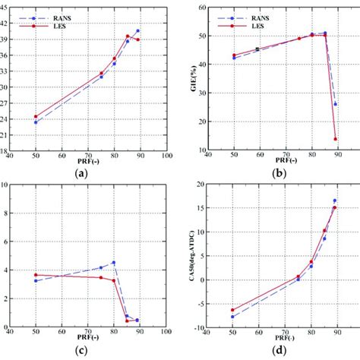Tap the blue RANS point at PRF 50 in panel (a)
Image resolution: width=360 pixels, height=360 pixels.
(36, 122)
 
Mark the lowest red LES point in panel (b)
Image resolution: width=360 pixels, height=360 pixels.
(335, 139)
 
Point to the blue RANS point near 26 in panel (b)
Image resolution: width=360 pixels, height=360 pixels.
(335, 104)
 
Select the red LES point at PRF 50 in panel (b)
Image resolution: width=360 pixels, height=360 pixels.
(234, 55)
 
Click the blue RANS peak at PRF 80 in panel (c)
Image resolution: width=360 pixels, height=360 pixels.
(114, 263)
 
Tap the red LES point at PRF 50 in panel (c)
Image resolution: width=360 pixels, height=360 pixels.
(36, 275)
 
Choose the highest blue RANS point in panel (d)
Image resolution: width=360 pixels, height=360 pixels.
(335, 201)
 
